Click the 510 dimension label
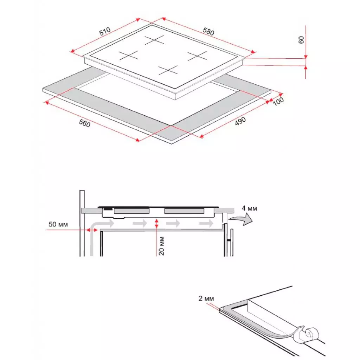[105, 32]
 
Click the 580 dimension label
[208, 31]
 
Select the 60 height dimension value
[301, 39]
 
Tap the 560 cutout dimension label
[85, 124]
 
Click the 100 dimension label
[278, 100]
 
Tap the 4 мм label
[249, 208]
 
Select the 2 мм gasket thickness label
[206, 298]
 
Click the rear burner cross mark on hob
[154, 40]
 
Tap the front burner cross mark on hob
[168, 70]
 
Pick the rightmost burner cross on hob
[197, 55]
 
